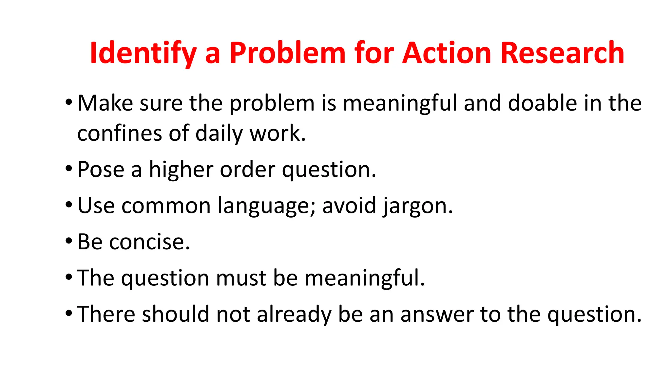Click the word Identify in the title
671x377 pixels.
click(x=143, y=53)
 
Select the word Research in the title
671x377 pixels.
click(x=562, y=53)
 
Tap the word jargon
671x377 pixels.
click(x=418, y=206)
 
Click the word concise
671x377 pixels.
click(x=149, y=242)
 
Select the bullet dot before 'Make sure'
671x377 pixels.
click(x=68, y=102)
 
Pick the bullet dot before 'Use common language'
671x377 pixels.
click(x=68, y=205)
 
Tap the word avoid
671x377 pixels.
click(x=349, y=206)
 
